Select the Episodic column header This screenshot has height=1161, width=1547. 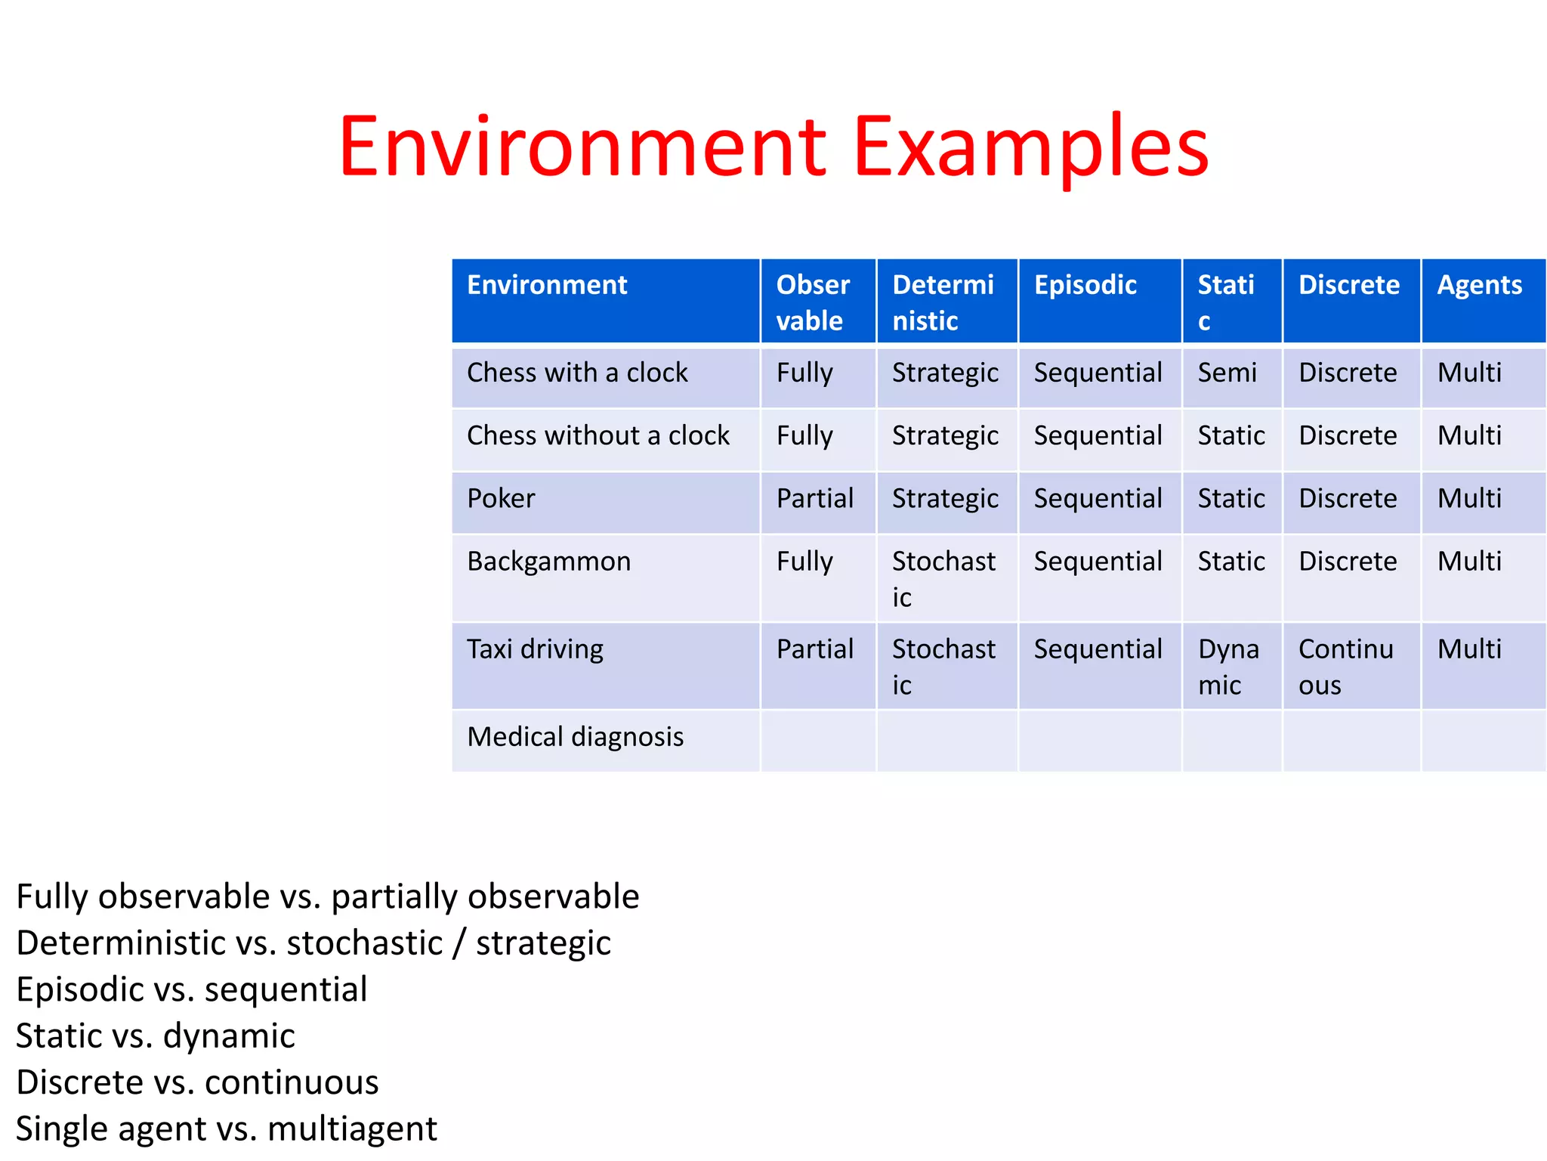pos(1085,286)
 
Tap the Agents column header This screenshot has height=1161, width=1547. pos(1479,286)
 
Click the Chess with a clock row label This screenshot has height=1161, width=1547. pos(577,373)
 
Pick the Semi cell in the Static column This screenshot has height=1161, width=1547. pos(1227,373)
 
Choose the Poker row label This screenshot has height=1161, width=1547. pos(501,499)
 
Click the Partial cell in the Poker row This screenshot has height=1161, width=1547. pos(814,499)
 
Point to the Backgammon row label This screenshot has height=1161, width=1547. pos(548,562)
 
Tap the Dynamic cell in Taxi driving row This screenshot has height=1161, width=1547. pos(1227,667)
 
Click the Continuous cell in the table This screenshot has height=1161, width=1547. pos(1345,667)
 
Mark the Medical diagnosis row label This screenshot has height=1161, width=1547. pos(575,737)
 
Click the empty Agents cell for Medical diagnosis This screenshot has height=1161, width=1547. pos(1482,741)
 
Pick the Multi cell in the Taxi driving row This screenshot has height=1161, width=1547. pos(1469,649)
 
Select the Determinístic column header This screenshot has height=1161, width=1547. pos(943,302)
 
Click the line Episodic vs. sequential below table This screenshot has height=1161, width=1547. pos(192,989)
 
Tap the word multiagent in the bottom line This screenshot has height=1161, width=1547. pos(352,1128)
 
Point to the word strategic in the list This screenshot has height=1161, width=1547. pos(543,943)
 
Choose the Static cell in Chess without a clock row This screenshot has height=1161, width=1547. pos(1230,436)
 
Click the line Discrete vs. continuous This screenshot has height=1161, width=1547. pos(197,1082)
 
